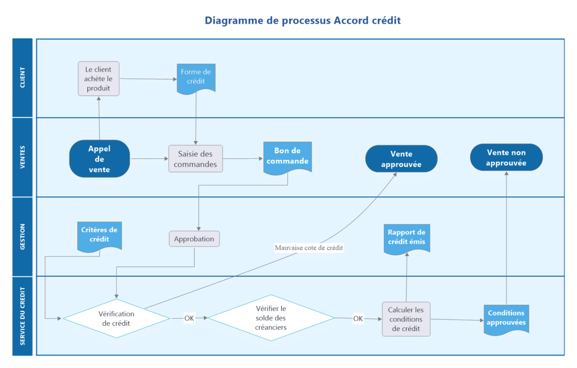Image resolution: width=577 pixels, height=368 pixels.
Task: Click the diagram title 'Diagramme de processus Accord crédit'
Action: tap(303, 21)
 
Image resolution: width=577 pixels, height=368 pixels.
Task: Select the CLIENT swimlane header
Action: tap(23, 77)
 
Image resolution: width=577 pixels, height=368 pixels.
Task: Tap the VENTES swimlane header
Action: tap(23, 157)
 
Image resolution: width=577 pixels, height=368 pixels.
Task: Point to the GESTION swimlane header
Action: tap(23, 236)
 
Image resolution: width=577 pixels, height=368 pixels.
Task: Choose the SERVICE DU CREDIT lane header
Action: tap(23, 316)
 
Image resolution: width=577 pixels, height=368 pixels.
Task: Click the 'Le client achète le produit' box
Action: tap(99, 78)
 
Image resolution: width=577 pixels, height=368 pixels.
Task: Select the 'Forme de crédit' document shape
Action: tap(196, 77)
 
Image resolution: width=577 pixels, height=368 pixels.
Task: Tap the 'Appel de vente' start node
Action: tap(100, 158)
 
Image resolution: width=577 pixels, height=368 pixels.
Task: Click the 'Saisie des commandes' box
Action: tap(195, 158)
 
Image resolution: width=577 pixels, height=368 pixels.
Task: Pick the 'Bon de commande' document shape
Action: tap(288, 157)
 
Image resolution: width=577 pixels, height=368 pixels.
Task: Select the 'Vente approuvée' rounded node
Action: tap(401, 158)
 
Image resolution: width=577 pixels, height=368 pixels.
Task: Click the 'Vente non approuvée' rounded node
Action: tap(506, 158)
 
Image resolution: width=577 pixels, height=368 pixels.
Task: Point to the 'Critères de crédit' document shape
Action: tap(100, 234)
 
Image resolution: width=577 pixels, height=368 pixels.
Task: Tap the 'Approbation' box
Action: tap(194, 239)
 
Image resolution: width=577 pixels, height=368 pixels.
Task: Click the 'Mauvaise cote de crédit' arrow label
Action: tap(309, 248)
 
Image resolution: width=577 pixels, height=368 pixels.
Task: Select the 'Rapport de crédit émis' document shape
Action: tap(406, 237)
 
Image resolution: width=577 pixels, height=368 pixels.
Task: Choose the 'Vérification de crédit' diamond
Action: tap(116, 318)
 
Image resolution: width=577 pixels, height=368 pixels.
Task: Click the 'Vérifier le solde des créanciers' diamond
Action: tap(271, 318)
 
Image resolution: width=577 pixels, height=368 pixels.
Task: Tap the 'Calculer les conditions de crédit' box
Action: tap(406, 319)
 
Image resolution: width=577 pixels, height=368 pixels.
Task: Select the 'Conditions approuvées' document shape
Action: tap(506, 318)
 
